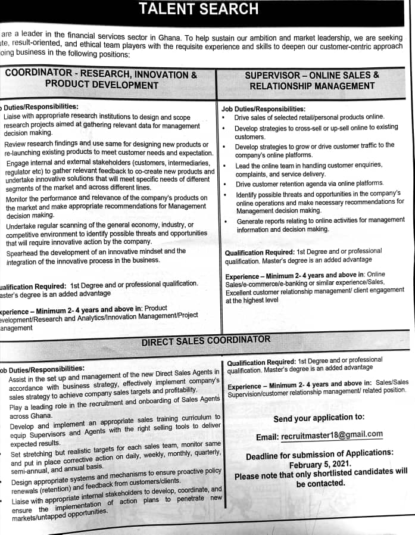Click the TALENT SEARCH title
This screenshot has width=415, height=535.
pyautogui.click(x=198, y=9)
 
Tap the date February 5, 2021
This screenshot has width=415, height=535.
pyautogui.click(x=320, y=465)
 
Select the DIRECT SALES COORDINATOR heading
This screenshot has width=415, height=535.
pyautogui.click(x=205, y=340)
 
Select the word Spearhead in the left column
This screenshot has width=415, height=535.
pyautogui.click(x=24, y=251)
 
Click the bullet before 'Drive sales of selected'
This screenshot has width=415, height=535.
pyautogui.click(x=223, y=117)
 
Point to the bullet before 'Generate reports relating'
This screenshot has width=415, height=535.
pyautogui.click(x=224, y=220)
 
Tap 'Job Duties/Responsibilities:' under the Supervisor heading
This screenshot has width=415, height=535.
pyautogui.click(x=263, y=109)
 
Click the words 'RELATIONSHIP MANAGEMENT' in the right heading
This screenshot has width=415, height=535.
pyautogui.click(x=312, y=86)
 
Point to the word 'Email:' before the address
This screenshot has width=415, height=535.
pyautogui.click(x=267, y=437)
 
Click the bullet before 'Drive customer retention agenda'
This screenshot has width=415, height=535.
pyautogui.click(x=224, y=184)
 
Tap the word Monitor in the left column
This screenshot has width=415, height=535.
pyautogui.click(x=20, y=198)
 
